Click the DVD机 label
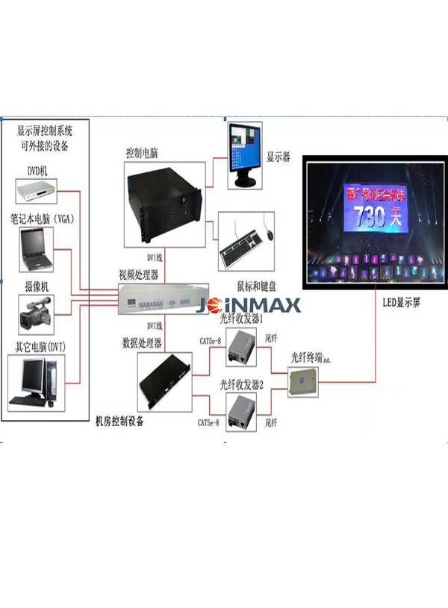[x=37, y=171]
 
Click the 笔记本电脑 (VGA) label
[x=47, y=219]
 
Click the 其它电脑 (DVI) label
[x=46, y=347]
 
